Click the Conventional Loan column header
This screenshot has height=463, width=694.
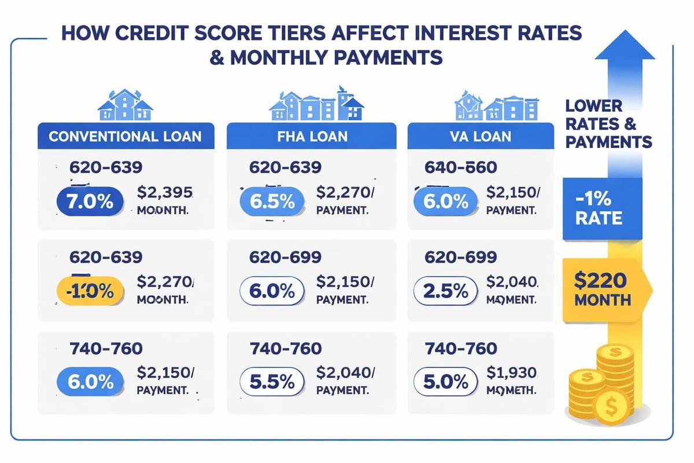125,137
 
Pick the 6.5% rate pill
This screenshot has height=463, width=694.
271,203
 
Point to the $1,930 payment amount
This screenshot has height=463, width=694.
511,373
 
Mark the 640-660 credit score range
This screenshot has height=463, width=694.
460,167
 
